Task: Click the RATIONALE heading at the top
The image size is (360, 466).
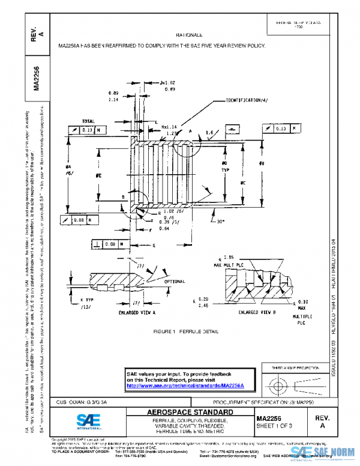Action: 189,35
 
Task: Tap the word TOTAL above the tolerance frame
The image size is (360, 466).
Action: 88,121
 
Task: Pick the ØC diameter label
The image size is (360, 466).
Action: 241,182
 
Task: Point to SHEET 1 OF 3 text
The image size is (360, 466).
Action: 273,426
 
